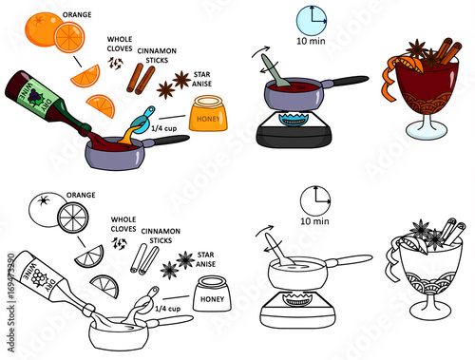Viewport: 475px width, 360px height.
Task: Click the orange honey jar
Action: pyautogui.click(x=208, y=113)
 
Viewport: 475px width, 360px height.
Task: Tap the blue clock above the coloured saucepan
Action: pyautogui.click(x=312, y=20)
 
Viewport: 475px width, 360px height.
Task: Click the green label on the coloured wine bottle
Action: pyautogui.click(x=35, y=95)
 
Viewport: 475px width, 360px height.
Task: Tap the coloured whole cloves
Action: pyautogui.click(x=115, y=64)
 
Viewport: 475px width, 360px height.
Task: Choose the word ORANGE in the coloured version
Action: pyautogui.click(x=77, y=15)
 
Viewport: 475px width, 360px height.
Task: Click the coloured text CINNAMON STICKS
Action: pyautogui.click(x=157, y=55)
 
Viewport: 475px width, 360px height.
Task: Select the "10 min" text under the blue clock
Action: pyautogui.click(x=311, y=41)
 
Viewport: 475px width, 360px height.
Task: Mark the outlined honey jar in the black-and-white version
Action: pyautogui.click(x=212, y=294)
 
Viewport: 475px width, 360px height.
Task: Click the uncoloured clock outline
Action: pyautogui.click(x=315, y=201)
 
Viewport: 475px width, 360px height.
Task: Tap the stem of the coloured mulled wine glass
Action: pyautogui.click(x=427, y=120)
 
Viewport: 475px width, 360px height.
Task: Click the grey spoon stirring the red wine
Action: pyautogui.click(x=275, y=70)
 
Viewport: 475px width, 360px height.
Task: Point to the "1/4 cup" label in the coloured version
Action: pyautogui.click(x=163, y=128)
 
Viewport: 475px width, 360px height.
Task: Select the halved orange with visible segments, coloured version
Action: pyautogui.click(x=69, y=37)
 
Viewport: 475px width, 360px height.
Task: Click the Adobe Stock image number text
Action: pyautogui.click(x=11, y=302)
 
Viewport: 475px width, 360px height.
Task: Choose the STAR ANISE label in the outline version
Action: pyautogui.click(x=205, y=259)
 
